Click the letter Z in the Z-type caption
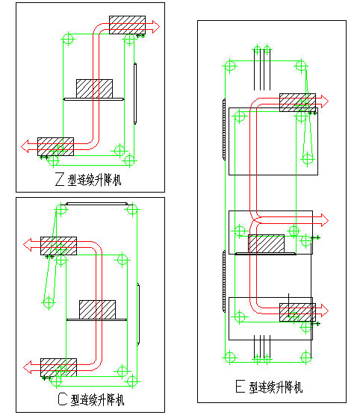[x=60, y=179]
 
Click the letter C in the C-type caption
[x=63, y=399]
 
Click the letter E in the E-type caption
[x=240, y=386]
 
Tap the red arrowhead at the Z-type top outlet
[x=156, y=26]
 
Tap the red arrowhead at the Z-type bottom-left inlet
[x=25, y=146]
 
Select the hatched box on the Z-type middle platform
[x=94, y=89]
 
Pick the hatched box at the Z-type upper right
[x=127, y=25]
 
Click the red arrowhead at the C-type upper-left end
[x=28, y=245]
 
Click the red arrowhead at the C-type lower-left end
[x=28, y=367]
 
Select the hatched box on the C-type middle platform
[x=98, y=310]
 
